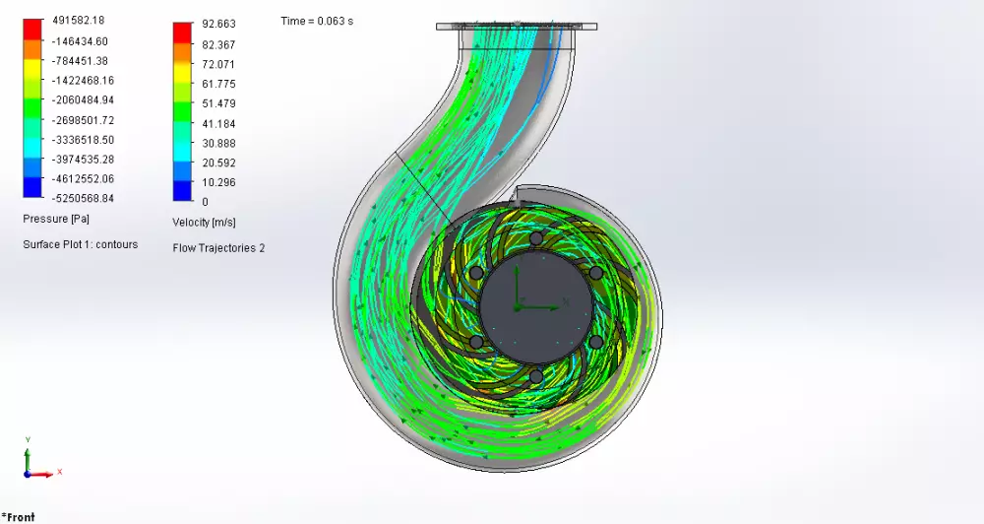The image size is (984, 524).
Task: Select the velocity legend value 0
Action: pos(205,202)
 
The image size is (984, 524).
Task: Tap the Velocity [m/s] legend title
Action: pos(204,223)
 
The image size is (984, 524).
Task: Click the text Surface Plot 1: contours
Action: pos(80,244)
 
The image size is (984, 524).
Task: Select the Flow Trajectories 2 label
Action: pos(218,248)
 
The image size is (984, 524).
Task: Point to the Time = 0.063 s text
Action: pos(317,21)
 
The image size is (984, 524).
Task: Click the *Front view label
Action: pos(19,517)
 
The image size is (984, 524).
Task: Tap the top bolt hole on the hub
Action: pos(535,239)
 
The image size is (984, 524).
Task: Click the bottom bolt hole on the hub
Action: pos(535,376)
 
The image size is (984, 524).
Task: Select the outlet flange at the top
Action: pos(518,26)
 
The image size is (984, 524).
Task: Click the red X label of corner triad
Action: pos(60,472)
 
